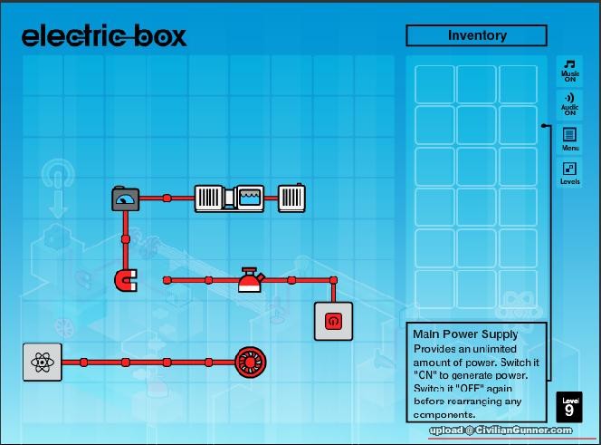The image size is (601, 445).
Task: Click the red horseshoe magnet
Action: (125, 281)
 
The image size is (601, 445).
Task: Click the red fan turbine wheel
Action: (250, 363)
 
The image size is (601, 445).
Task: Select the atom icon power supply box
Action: (42, 363)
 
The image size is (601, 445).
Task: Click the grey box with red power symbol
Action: (333, 321)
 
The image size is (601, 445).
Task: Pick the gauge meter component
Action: (125, 198)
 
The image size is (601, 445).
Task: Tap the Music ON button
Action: (570, 71)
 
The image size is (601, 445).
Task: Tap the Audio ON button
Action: (570, 103)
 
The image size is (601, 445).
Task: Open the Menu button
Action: (570, 139)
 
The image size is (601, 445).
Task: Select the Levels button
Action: (570, 173)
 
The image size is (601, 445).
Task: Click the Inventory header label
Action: (477, 35)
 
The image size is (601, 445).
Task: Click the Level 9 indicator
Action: (568, 407)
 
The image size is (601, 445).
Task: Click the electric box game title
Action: (104, 36)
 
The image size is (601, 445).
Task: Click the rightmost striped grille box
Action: (291, 198)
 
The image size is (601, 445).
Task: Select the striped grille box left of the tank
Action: (209, 198)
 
